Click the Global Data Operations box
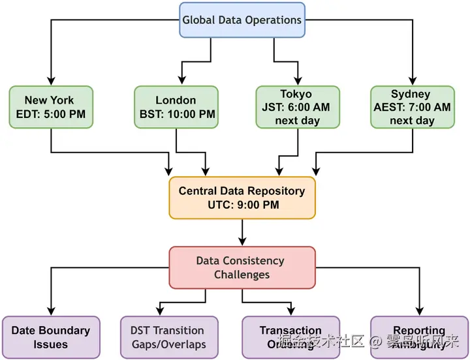[242, 20]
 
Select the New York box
[50, 108]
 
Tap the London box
[176, 108]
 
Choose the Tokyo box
[296, 108]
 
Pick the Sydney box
[411, 108]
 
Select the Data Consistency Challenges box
[242, 267]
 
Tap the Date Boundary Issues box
[50, 337]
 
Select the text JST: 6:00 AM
[296, 108]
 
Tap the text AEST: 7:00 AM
[411, 108]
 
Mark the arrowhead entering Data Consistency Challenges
[242, 242]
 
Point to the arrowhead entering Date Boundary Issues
[50, 312]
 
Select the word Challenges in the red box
[242, 275]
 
